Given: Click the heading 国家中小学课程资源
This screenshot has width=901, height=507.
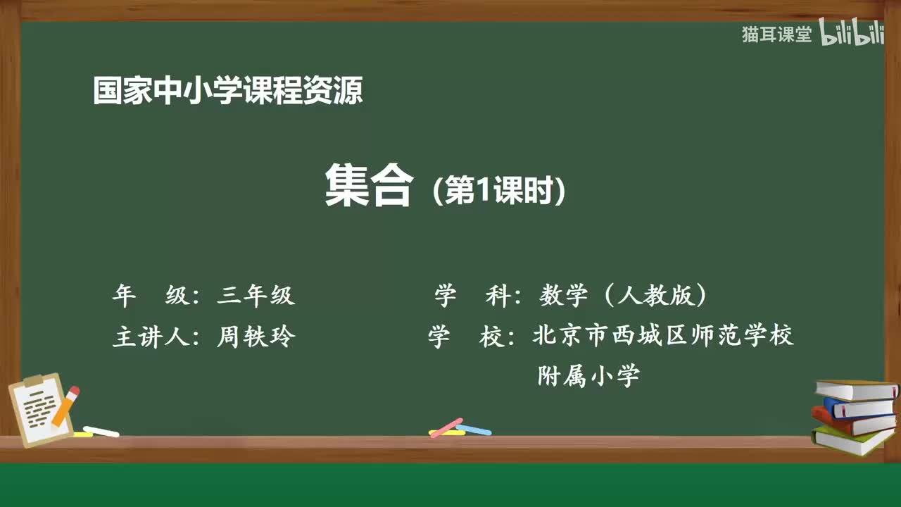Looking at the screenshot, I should tap(227, 92).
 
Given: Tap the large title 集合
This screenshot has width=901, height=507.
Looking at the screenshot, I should tap(368, 187).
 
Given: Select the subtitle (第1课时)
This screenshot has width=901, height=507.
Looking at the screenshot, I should tap(499, 190).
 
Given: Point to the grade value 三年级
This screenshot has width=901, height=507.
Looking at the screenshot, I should tap(256, 296).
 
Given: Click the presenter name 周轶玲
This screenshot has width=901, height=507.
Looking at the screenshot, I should tap(256, 337).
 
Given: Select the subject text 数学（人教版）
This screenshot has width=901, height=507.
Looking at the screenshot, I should tap(623, 296).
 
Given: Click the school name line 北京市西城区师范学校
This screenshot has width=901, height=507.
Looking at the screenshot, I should tap(663, 335).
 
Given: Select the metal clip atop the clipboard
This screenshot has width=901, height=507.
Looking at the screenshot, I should tap(33, 381).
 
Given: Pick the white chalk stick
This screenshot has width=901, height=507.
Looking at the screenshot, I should tap(101, 431).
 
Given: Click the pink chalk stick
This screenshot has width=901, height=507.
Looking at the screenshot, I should tap(446, 427).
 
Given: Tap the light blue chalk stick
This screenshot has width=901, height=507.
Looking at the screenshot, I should tap(474, 430).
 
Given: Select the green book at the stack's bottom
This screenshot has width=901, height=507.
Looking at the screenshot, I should tap(852, 441).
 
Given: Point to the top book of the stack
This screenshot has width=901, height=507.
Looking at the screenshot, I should tap(855, 389).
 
